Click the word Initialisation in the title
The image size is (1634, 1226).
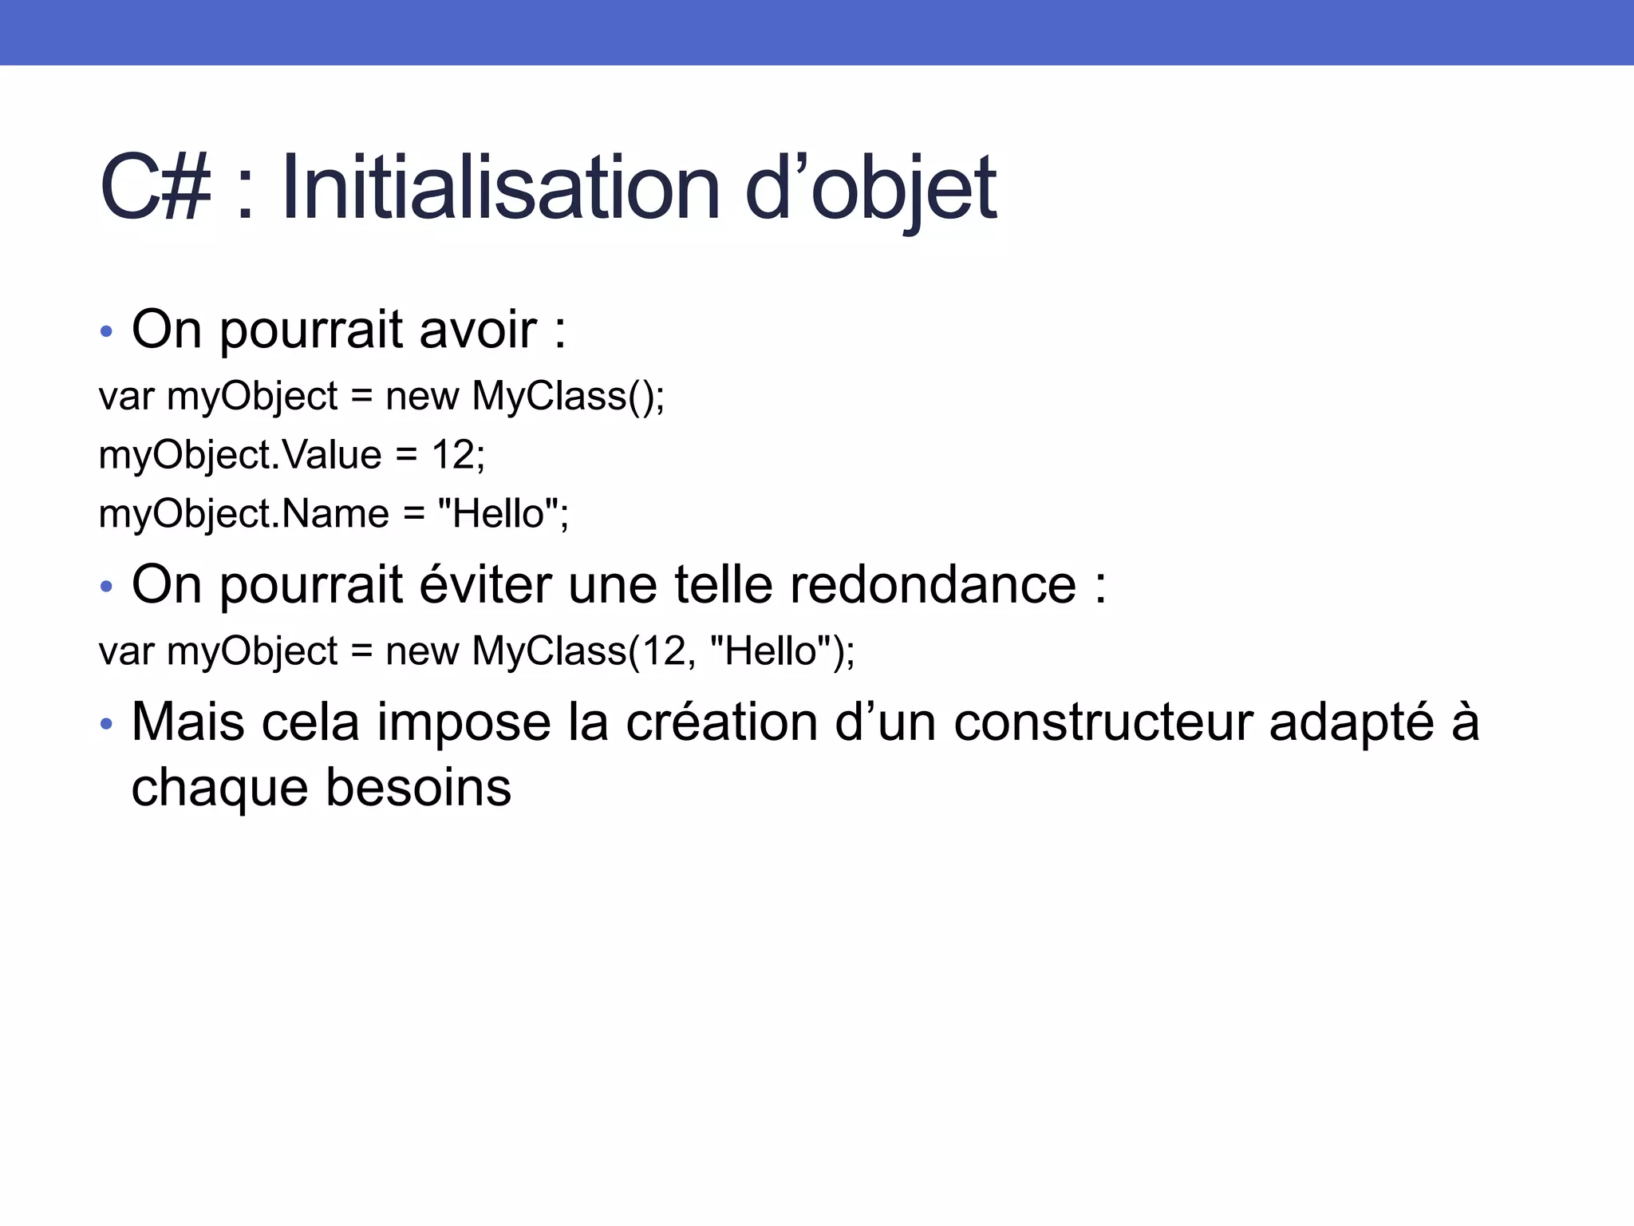[501, 188]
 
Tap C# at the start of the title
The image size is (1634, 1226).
[156, 188]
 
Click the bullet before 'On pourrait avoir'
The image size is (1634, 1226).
[107, 330]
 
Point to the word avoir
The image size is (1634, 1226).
[478, 329]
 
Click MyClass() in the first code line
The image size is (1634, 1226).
[562, 396]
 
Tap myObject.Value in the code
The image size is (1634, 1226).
[240, 455]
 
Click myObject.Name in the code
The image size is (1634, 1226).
[243, 513]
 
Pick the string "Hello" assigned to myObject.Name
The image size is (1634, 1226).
[497, 513]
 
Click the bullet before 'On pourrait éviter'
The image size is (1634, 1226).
[107, 587]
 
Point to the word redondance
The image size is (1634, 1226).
[933, 584]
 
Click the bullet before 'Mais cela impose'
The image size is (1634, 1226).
[107, 724]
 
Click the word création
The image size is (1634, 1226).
[721, 722]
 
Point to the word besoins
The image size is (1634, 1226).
[418, 788]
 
